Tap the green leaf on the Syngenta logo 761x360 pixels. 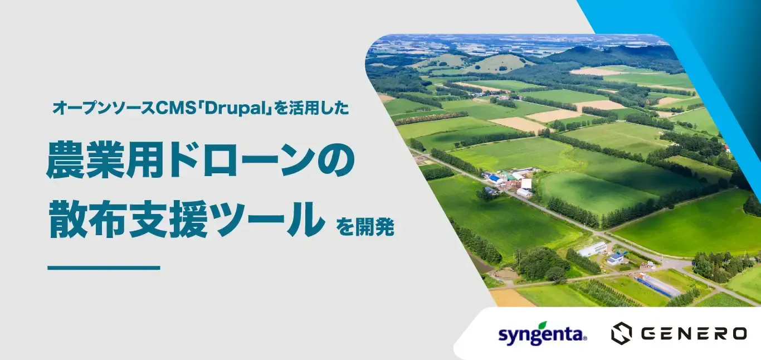(x=540, y=324)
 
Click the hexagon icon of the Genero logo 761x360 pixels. (x=621, y=333)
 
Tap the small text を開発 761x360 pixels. (x=365, y=227)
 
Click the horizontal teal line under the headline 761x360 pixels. (x=104, y=268)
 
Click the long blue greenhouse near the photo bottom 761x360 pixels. (x=658, y=285)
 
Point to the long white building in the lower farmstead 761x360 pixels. (x=592, y=249)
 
